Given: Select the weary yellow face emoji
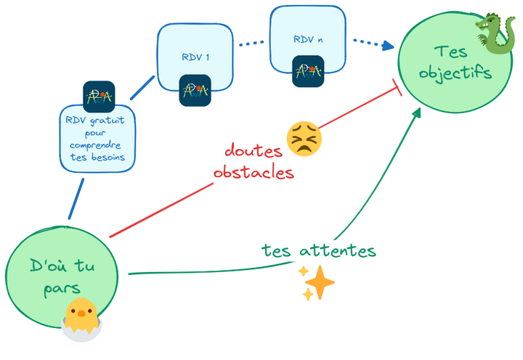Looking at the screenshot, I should coord(304,138).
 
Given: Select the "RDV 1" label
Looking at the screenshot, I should coord(195,57).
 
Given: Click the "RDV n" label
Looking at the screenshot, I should coord(307,39).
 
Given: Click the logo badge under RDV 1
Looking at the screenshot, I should coord(195,90).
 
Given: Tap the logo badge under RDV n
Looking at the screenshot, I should coord(308,71).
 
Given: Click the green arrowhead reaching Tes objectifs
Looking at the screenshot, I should coord(418,112).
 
